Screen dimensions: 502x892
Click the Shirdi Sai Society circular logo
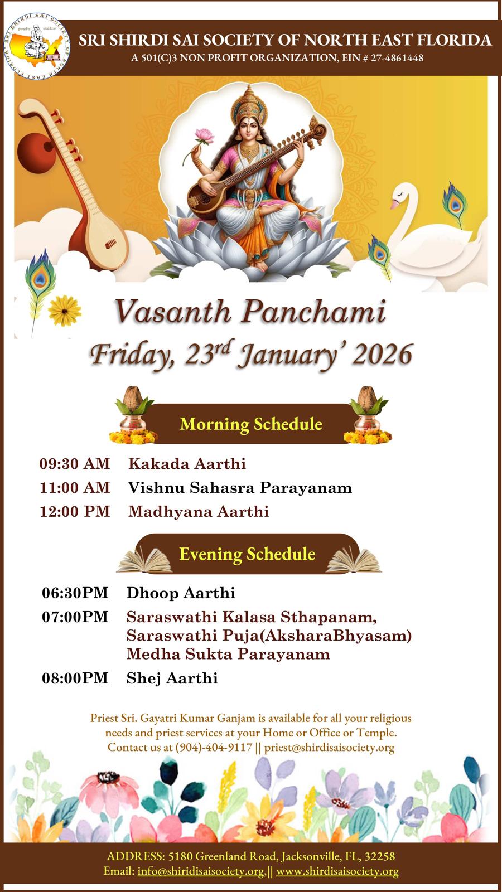point(37,46)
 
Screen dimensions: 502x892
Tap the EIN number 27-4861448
point(397,58)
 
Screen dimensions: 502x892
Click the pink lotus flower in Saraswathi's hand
point(204,136)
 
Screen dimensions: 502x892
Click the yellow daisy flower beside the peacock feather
point(64,310)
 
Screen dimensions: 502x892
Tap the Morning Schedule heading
point(251,424)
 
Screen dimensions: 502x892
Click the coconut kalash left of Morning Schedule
point(133,415)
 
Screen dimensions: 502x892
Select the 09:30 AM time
point(75,464)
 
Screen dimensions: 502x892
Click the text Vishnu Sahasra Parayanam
point(240,488)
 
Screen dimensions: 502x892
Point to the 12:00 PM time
point(75,511)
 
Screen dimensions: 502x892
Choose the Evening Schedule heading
point(247,554)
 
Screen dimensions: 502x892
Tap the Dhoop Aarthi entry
point(181,593)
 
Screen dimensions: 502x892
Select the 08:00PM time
point(75,678)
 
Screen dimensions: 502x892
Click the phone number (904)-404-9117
point(214,747)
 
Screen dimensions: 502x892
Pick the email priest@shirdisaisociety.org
point(330,748)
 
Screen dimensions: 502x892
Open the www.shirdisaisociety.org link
point(337,871)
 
